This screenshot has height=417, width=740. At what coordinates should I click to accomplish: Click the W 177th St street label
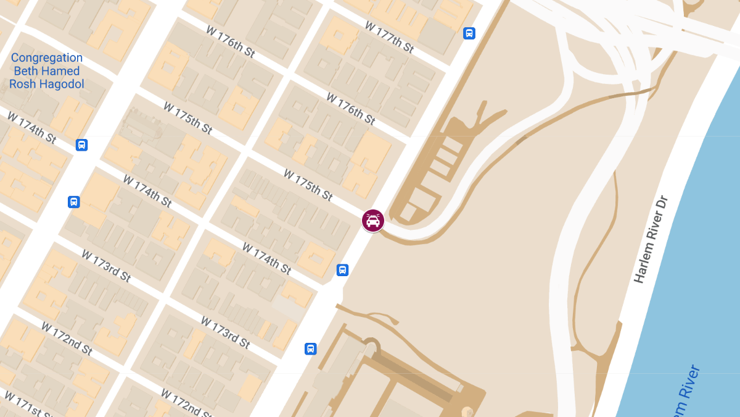(x=392, y=38)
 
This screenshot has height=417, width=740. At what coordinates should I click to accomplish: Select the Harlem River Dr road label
(x=651, y=240)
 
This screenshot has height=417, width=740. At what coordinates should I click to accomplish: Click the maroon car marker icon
(x=373, y=221)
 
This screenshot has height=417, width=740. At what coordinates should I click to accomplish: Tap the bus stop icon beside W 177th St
(x=469, y=33)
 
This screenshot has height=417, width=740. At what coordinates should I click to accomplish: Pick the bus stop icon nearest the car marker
(x=342, y=270)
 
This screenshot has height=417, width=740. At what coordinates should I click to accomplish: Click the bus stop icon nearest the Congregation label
(x=81, y=145)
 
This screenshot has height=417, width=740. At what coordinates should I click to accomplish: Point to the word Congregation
(x=47, y=58)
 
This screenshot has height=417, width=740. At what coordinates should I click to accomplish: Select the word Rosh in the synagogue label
(x=23, y=84)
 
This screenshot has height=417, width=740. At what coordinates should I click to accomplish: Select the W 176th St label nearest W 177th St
(x=350, y=108)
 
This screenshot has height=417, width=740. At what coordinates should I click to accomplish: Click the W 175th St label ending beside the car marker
(x=308, y=185)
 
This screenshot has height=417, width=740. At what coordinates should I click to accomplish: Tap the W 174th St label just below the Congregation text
(x=31, y=127)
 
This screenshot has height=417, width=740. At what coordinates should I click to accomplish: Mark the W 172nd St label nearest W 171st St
(x=67, y=339)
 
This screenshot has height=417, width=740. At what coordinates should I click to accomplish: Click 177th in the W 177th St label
(x=398, y=41)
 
